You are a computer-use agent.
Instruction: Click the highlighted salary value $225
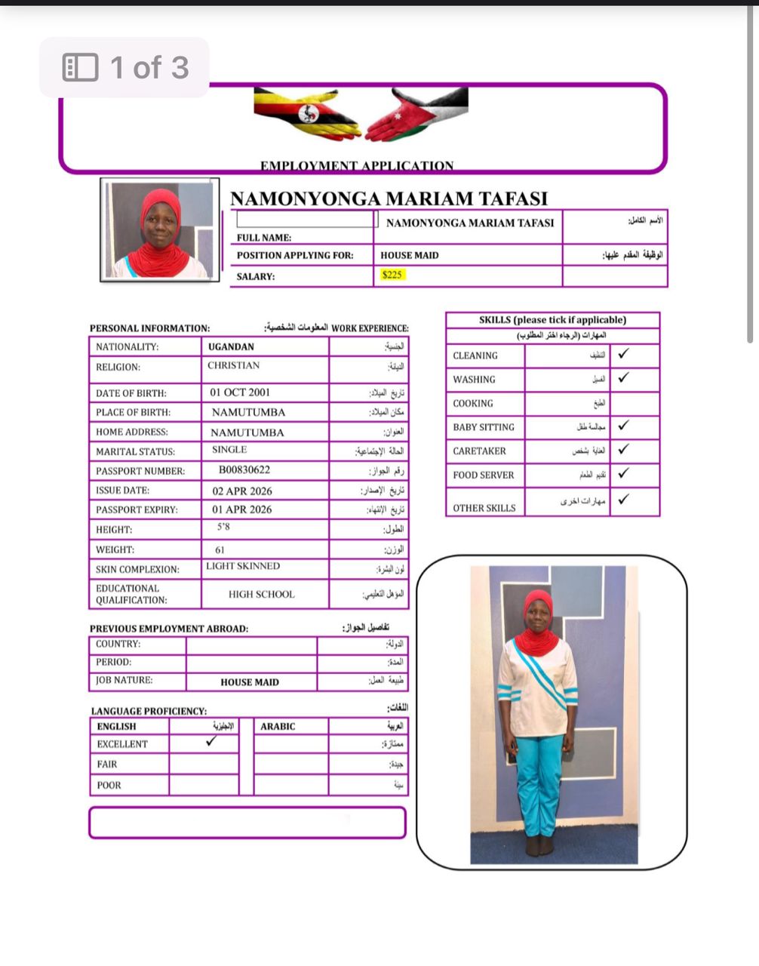tap(392, 275)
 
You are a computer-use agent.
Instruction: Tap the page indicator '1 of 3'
tap(124, 68)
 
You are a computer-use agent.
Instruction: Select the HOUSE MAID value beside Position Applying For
tap(410, 255)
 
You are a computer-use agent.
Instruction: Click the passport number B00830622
tap(244, 470)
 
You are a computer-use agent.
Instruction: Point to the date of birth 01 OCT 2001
tap(240, 392)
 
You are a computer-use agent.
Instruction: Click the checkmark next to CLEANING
tap(623, 353)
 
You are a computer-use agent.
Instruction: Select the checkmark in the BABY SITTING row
tap(623, 426)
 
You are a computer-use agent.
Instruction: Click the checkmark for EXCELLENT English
tap(211, 741)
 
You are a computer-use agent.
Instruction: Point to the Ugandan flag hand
tap(306, 115)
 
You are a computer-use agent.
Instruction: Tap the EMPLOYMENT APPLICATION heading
tap(357, 166)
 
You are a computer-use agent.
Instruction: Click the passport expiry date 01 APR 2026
tap(241, 509)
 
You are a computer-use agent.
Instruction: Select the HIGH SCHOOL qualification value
tap(262, 595)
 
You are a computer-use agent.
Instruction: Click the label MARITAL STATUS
tap(135, 451)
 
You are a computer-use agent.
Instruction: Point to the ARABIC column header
tap(278, 726)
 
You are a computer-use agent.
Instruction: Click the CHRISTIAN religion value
tap(234, 365)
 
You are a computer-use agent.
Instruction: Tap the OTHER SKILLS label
tap(484, 508)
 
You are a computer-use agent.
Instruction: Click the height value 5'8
tap(223, 528)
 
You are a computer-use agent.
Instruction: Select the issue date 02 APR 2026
tap(242, 491)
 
